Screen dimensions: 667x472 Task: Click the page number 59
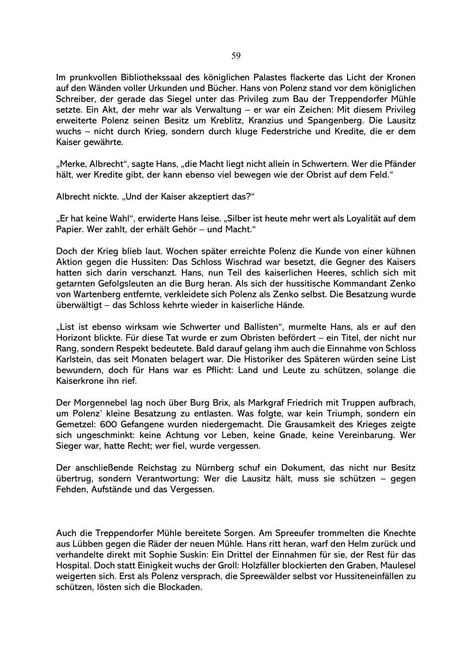coord(236,56)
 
